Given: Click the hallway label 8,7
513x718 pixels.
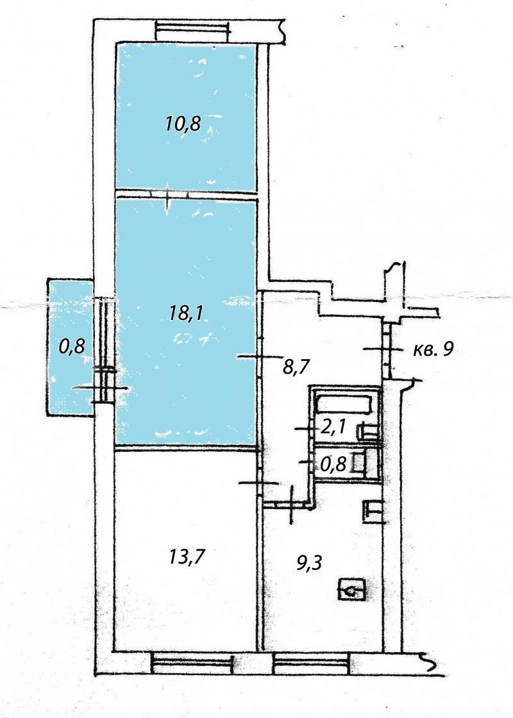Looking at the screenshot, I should click(x=296, y=367).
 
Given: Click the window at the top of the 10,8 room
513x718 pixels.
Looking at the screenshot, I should click(x=193, y=29).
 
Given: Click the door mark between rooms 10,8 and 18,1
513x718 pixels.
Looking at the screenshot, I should click(x=168, y=196).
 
